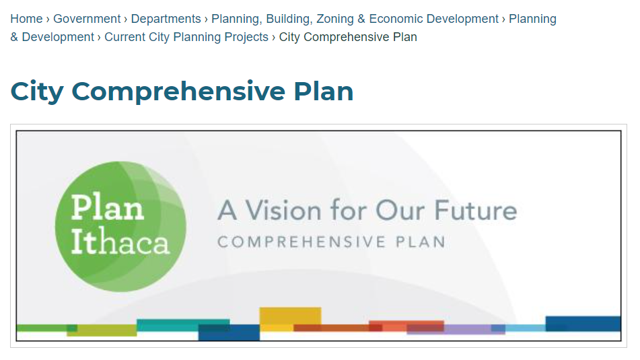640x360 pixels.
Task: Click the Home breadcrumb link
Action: (x=26, y=19)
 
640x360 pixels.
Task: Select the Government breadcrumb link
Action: (x=87, y=19)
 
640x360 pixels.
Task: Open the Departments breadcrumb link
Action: (x=166, y=19)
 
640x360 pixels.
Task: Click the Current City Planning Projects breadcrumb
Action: (x=186, y=37)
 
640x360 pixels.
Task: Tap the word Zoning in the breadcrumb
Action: (x=329, y=19)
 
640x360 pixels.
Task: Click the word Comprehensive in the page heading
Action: (x=178, y=92)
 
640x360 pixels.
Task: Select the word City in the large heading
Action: (x=37, y=92)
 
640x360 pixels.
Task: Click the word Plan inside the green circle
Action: (x=108, y=208)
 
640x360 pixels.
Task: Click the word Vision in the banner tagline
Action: (x=283, y=211)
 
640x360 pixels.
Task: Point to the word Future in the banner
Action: (x=475, y=211)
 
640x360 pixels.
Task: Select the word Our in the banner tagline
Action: (x=400, y=211)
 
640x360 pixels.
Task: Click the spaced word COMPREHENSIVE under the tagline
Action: (x=301, y=242)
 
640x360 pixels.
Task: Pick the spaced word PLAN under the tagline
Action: (x=421, y=242)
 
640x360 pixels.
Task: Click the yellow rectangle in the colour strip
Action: (x=290, y=316)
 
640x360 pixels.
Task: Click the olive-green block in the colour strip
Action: (x=102, y=330)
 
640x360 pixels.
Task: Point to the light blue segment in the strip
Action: (x=526, y=328)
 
